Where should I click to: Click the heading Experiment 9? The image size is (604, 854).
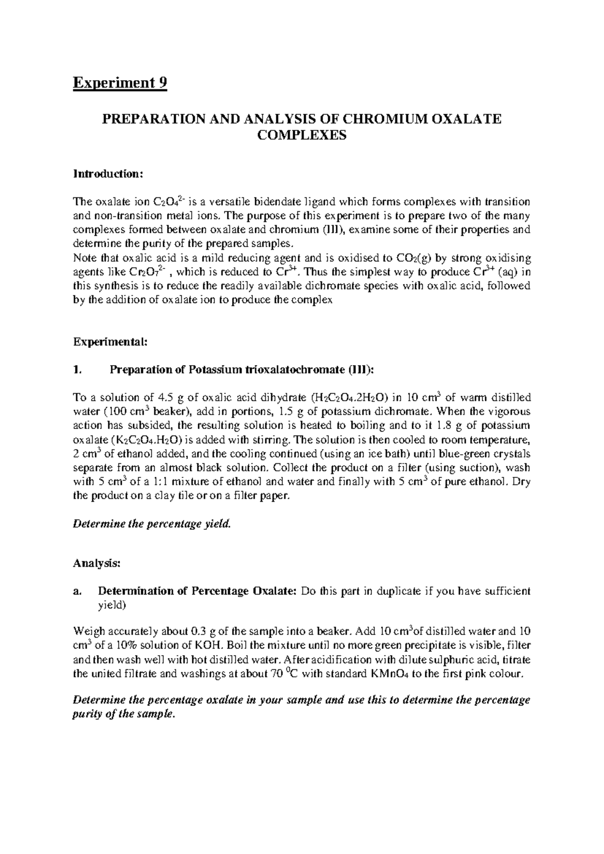[120, 82]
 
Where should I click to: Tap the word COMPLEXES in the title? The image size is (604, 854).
[302, 135]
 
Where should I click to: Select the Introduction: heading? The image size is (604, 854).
[109, 174]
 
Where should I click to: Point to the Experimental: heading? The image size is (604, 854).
[111, 342]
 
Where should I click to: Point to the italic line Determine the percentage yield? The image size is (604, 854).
[152, 524]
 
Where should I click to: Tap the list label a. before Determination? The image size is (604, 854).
[77, 592]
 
